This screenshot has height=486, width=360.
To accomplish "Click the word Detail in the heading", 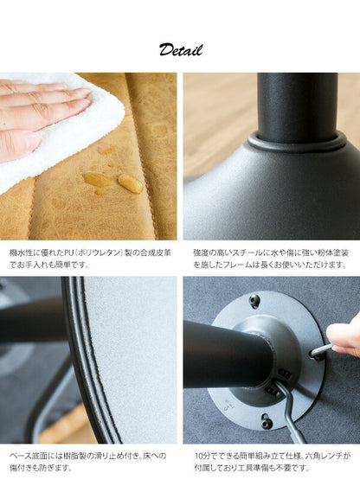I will pos(180,49).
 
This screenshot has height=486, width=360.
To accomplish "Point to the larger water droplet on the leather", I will pos(130,183).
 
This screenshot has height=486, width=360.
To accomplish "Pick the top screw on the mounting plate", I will pos(254,301).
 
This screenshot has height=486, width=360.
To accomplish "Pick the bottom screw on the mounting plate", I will pos(267,422).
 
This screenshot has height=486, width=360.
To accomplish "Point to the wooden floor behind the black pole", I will pos(216,112).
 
